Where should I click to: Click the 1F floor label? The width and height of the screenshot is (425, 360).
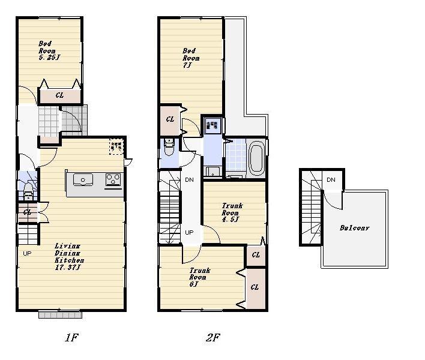pyautogui.click(x=71, y=338)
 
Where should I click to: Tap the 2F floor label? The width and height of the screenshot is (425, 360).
pyautogui.click(x=212, y=338)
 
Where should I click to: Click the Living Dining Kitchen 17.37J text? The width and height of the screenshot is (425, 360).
pyautogui.click(x=68, y=256)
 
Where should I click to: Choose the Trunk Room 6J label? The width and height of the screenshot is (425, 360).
pyautogui.click(x=198, y=277)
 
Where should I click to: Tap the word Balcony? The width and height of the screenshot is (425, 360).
pyautogui.click(x=354, y=228)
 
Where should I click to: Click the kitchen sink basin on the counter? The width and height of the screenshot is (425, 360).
pyautogui.click(x=83, y=179)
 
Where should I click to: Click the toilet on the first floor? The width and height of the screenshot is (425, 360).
pyautogui.click(x=28, y=193)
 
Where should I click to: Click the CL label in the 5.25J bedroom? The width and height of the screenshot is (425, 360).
pyautogui.click(x=60, y=95)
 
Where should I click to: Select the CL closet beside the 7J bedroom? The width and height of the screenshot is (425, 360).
pyautogui.click(x=170, y=119)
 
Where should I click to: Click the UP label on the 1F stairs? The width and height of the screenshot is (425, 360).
pyautogui.click(x=27, y=253)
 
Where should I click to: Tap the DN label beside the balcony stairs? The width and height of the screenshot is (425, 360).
pyautogui.click(x=331, y=180)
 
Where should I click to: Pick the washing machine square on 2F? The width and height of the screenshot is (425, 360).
pyautogui.click(x=212, y=125)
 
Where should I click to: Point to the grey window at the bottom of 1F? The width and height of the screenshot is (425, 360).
pyautogui.click(x=60, y=314)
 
